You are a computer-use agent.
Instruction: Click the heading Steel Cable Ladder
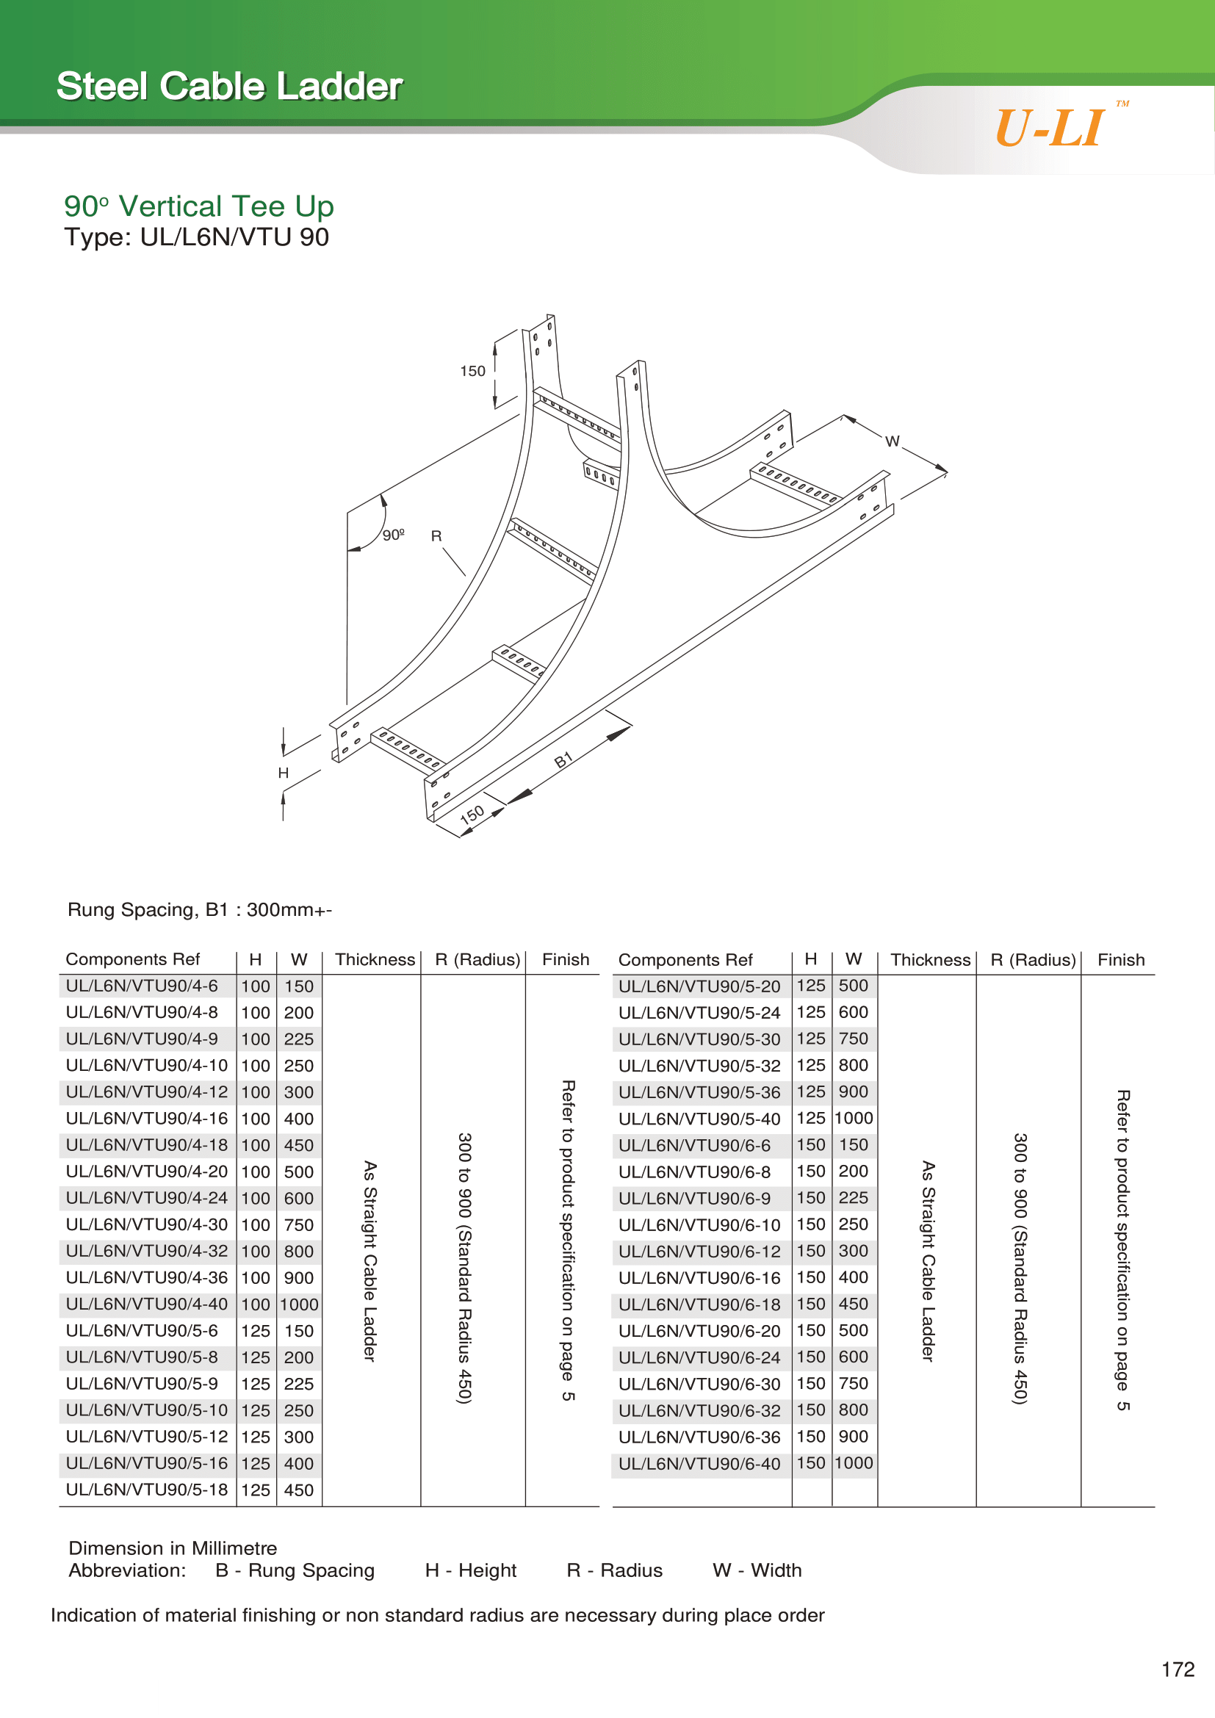pyautogui.click(x=230, y=86)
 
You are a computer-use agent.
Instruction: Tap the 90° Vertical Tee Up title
pyautogui.click(x=198, y=206)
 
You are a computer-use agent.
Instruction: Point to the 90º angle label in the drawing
pyautogui.click(x=393, y=535)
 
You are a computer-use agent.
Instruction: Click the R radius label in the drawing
pyautogui.click(x=436, y=536)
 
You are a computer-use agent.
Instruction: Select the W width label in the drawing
pyautogui.click(x=892, y=441)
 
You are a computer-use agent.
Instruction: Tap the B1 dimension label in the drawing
pyautogui.click(x=563, y=761)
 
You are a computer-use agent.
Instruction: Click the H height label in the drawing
pyautogui.click(x=284, y=773)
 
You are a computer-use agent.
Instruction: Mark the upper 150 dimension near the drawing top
pyautogui.click(x=472, y=371)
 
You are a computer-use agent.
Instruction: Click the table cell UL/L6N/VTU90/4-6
pyautogui.click(x=143, y=986)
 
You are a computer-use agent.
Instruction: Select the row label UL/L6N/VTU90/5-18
pyautogui.click(x=147, y=1490)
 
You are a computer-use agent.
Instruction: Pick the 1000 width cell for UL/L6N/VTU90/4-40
pyautogui.click(x=299, y=1304)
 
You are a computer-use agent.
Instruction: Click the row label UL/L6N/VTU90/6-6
pyautogui.click(x=694, y=1146)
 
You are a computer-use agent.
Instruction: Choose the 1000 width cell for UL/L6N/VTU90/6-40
pyautogui.click(x=854, y=1463)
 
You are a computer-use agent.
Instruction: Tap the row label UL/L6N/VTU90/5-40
pyautogui.click(x=699, y=1119)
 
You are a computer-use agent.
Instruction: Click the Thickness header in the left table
pyautogui.click(x=375, y=959)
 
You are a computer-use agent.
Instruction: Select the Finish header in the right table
pyautogui.click(x=1120, y=960)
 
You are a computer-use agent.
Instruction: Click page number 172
pyautogui.click(x=1178, y=1670)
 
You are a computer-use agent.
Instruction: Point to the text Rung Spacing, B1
pyautogui.click(x=148, y=910)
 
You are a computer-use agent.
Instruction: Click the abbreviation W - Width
pyautogui.click(x=757, y=1570)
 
